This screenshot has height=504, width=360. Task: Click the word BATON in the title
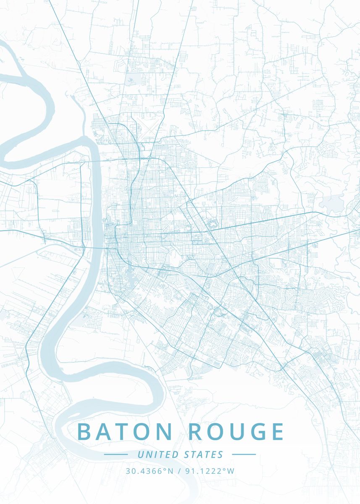pyautogui.click(x=125, y=432)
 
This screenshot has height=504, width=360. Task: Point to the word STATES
pyautogui.click(x=204, y=454)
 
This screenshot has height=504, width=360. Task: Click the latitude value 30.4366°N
pyautogui.click(x=149, y=471)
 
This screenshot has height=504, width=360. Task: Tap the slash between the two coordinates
pyautogui.click(x=179, y=471)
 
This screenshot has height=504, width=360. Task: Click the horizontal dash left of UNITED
pyautogui.click(x=116, y=454)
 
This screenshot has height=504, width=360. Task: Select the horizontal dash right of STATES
pyautogui.click(x=244, y=454)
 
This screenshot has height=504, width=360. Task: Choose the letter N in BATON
pyautogui.click(x=164, y=432)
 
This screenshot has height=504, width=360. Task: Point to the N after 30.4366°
pyautogui.click(x=171, y=471)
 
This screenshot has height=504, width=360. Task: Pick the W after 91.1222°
pyautogui.click(x=231, y=471)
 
